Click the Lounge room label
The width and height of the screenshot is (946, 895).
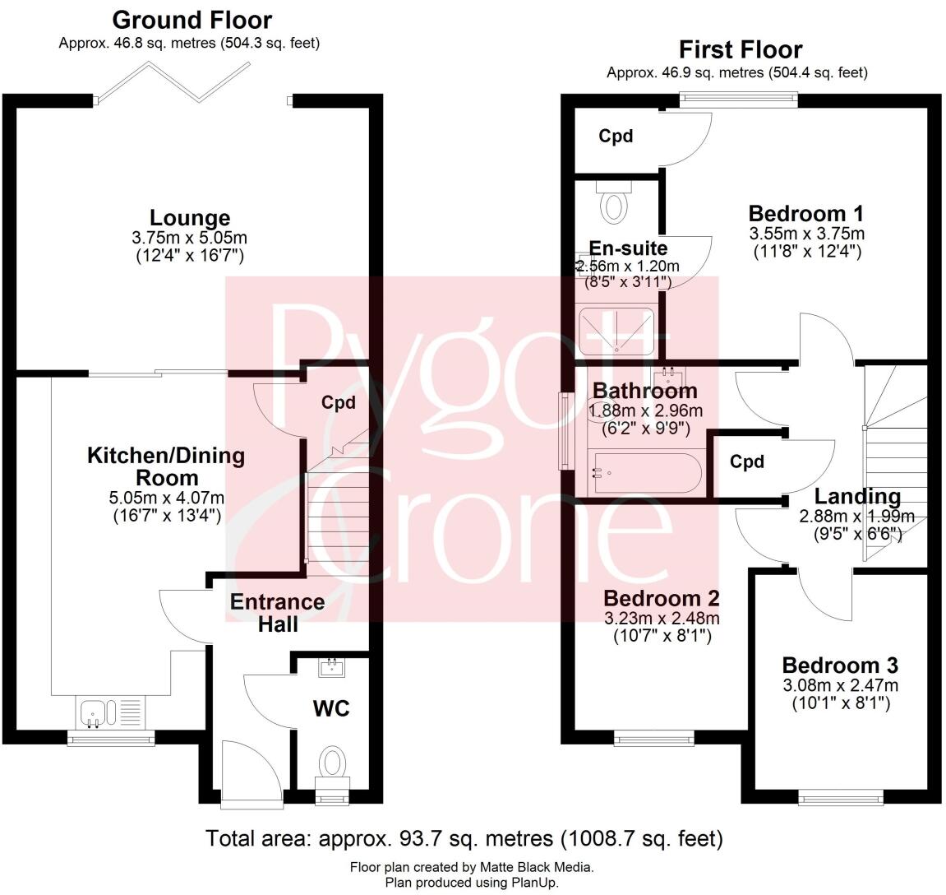189,218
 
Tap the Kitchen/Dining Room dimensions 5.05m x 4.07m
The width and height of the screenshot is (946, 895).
166,498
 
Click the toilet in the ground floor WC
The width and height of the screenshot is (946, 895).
333,762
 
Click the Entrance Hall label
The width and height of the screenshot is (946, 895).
277,613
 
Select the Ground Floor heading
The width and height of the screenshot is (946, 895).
192,19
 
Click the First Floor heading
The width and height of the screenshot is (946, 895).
740,49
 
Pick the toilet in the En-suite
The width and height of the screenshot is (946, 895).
614,202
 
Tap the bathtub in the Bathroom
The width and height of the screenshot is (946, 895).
645,474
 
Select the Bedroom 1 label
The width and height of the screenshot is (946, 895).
805,214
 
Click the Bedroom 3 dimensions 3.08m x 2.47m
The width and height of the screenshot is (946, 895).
840,685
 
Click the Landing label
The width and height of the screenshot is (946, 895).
857,497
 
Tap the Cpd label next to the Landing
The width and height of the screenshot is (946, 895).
747,461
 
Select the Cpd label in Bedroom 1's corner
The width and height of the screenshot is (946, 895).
616,136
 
